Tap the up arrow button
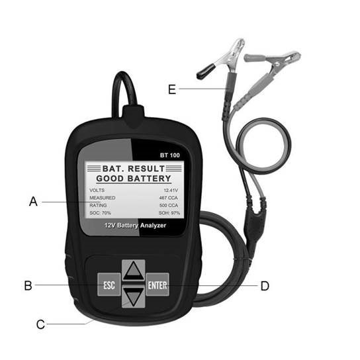134,271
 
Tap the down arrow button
134,297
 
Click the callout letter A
33,202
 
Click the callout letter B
28,286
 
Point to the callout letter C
40,324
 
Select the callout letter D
265,286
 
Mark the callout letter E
172,89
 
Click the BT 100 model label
170,156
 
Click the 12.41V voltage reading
171,191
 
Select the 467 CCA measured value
169,198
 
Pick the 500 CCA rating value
169,206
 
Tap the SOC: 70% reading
100,213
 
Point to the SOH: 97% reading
169,213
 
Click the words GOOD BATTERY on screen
134,179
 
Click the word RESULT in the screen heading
146,169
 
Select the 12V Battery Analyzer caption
135,226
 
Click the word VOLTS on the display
97,191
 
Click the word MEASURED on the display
103,198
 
